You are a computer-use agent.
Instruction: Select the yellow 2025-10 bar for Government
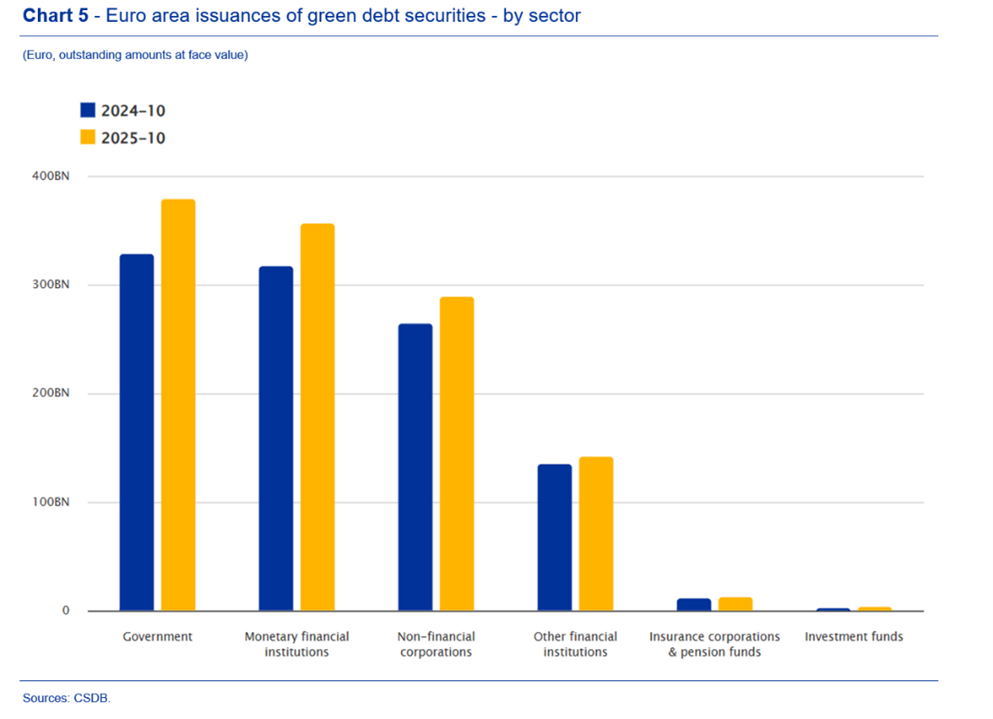click(x=179, y=405)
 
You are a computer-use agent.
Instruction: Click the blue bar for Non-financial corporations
click(x=415, y=467)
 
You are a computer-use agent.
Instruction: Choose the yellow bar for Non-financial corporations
click(x=457, y=454)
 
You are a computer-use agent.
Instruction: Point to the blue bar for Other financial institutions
click(x=554, y=537)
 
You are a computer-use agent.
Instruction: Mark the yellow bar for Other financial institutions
click(x=596, y=534)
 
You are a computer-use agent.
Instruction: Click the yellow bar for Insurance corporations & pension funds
click(x=735, y=604)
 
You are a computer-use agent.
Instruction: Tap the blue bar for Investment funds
click(x=833, y=609)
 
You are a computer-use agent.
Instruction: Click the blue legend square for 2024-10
click(x=88, y=110)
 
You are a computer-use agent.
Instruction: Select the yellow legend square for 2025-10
click(x=88, y=137)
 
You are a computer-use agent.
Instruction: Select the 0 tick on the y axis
click(x=65, y=610)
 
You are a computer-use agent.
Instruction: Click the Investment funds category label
click(x=853, y=636)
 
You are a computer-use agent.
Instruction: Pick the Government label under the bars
click(x=157, y=636)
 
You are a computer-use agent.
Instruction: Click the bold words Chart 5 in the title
click(x=56, y=15)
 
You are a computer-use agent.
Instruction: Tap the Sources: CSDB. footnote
click(x=67, y=697)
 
